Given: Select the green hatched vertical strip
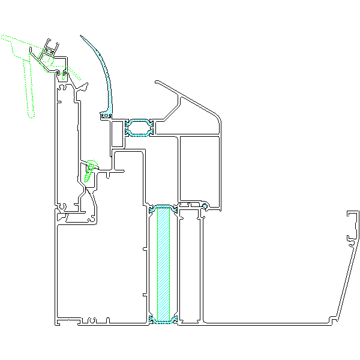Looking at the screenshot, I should [163, 264].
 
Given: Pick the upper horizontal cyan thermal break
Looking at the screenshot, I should [139, 128].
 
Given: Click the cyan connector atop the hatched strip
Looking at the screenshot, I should [163, 208].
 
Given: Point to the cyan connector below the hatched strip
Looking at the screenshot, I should [163, 322].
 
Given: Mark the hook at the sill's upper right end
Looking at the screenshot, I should [352, 228].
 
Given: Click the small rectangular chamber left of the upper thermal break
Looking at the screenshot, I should [117, 134].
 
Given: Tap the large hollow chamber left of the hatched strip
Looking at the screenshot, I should [99, 270].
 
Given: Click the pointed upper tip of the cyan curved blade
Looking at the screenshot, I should [83, 36].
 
